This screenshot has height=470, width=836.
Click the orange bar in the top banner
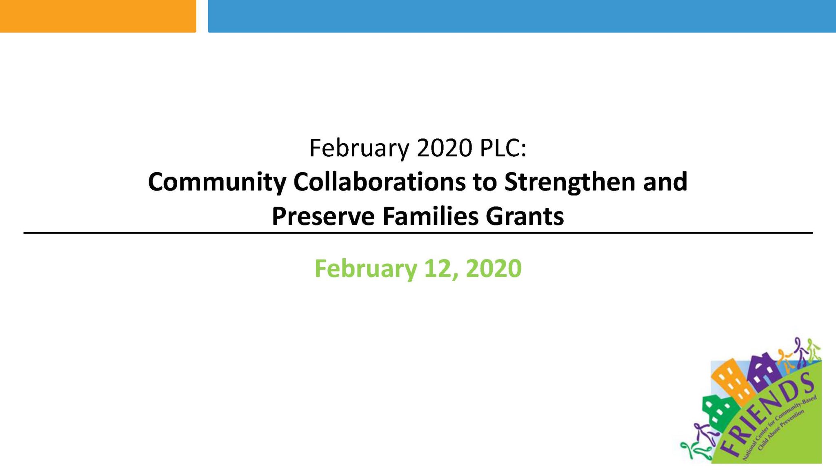click(x=98, y=16)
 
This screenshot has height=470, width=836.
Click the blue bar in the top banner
click(x=522, y=16)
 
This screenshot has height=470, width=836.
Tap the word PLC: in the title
click(x=503, y=148)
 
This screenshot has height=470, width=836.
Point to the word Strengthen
click(x=570, y=182)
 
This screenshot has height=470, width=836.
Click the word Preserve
click(x=323, y=216)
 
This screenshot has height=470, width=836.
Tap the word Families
click(x=430, y=216)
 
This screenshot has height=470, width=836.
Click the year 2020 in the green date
click(x=494, y=268)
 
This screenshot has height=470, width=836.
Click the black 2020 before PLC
click(x=445, y=148)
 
